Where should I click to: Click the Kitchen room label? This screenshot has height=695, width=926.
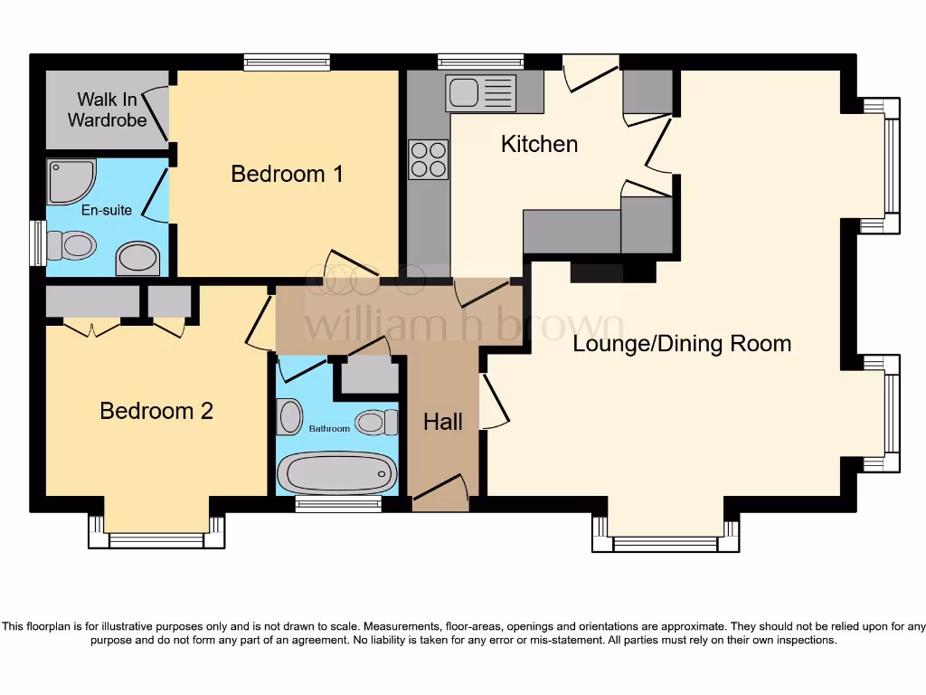pos(539,144)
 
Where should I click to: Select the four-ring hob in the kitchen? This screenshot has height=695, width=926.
pos(428,159)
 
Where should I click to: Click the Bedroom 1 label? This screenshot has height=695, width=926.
pos(287,174)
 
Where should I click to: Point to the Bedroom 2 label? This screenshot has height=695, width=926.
pos(156,411)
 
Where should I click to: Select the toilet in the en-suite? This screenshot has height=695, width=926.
pos(71,245)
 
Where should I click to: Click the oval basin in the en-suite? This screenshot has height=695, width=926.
pos(137,259)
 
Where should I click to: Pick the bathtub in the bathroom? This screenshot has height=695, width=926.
pos(336,471)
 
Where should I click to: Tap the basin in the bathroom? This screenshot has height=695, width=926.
pos(290,417)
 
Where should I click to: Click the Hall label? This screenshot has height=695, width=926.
pos(443,422)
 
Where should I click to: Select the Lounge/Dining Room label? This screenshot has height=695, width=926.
pos(682,344)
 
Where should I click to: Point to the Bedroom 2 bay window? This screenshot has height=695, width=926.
pos(156,540)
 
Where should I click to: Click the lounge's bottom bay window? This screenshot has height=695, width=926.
pos(665,543)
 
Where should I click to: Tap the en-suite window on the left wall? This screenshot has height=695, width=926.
pos(37,243)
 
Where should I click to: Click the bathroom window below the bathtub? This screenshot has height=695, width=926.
pos(338,504)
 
